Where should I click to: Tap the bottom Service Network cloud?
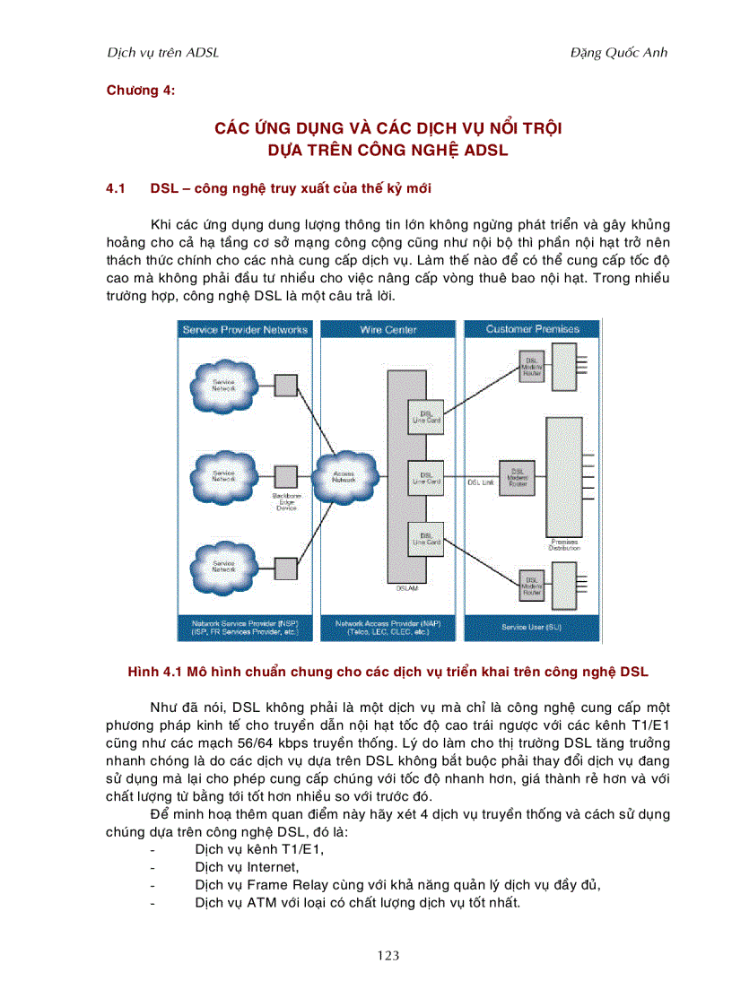point(222,566)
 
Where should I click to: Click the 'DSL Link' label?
point(480,482)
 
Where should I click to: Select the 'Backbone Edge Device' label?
point(285,502)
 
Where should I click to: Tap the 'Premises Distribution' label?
point(564,544)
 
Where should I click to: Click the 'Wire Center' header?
point(388,330)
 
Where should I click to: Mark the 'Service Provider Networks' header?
point(245,330)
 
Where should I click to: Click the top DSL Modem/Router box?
point(532,365)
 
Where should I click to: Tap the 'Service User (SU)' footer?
point(531,628)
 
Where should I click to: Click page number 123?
point(388,956)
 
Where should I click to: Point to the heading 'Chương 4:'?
point(140,90)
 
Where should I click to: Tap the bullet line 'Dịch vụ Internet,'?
point(247,867)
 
